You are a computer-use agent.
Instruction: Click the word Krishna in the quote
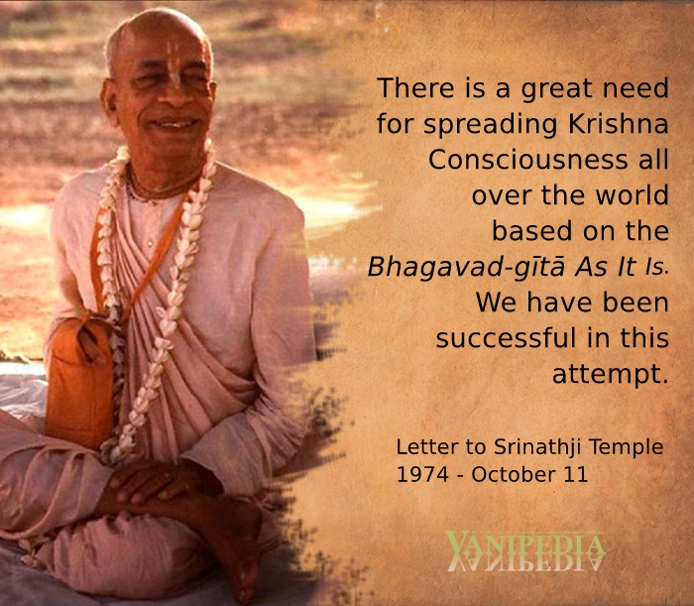pyautogui.click(x=618, y=124)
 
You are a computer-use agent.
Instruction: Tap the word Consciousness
pyautogui.click(x=527, y=160)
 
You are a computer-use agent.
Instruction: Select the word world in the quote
pyautogui.click(x=632, y=195)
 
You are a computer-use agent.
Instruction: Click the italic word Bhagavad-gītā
pyautogui.click(x=466, y=268)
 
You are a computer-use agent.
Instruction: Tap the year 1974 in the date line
pyautogui.click(x=422, y=475)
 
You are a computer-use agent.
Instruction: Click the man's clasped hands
pyautogui.click(x=155, y=482)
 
